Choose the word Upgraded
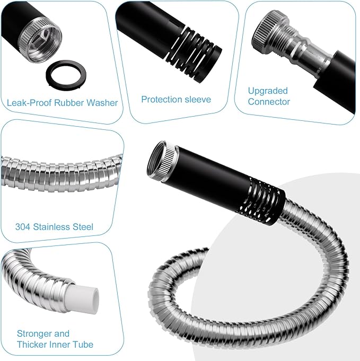click(x=268, y=91)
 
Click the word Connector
click(x=269, y=102)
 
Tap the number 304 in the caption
click(x=23, y=227)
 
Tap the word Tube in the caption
click(x=83, y=345)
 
